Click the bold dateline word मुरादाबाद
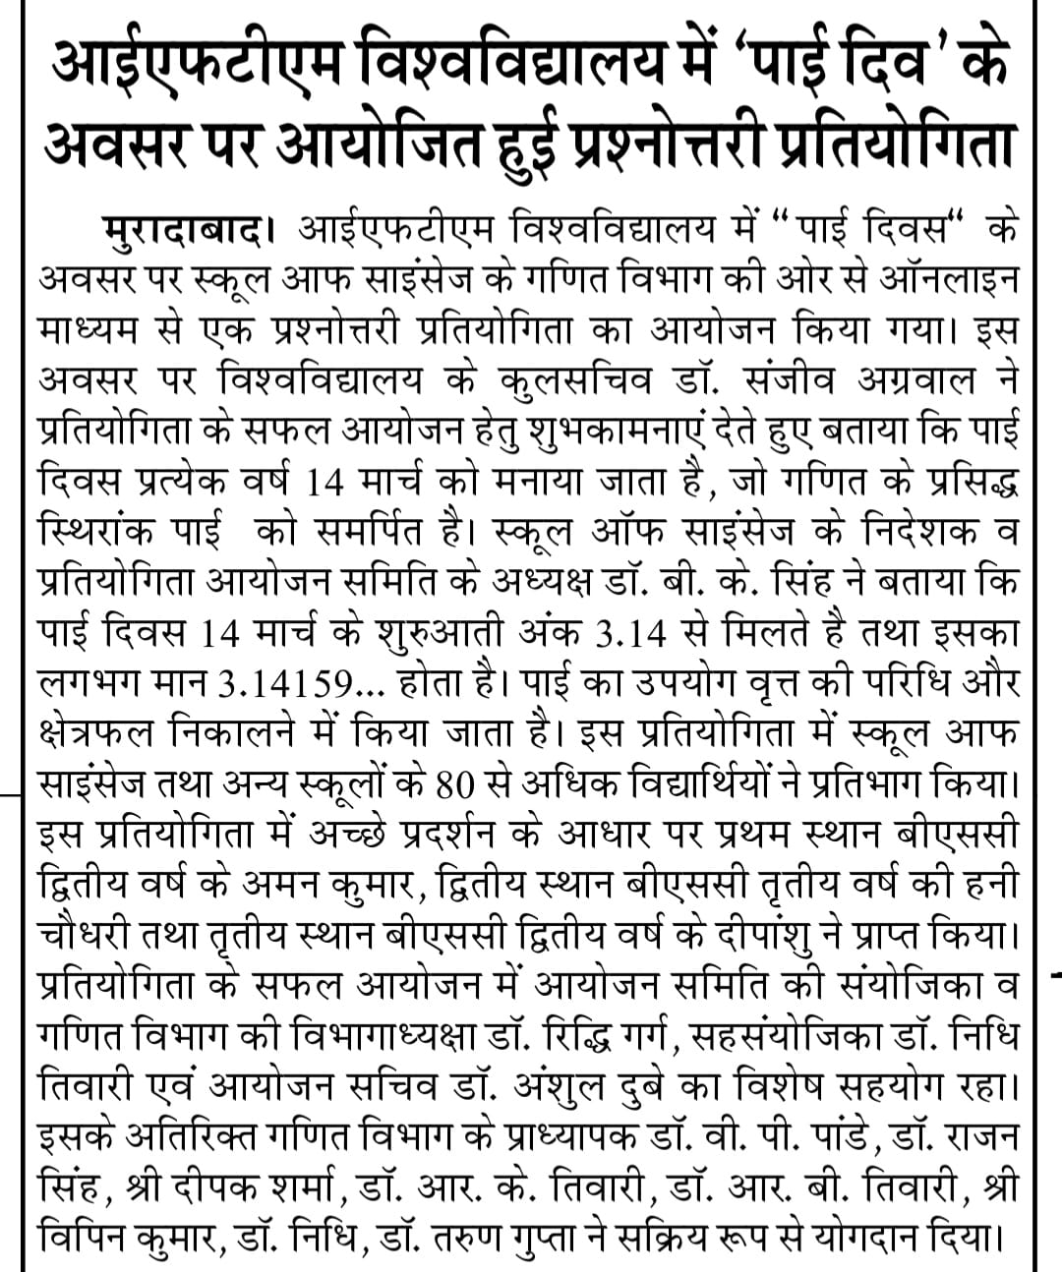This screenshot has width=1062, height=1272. [x=183, y=232]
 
